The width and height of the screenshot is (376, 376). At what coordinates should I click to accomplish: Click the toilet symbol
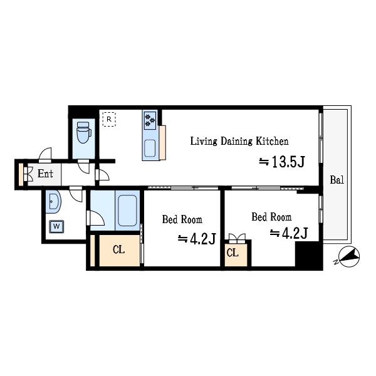coord(84,132)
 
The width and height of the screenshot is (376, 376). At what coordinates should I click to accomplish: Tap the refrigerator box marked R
coord(109,119)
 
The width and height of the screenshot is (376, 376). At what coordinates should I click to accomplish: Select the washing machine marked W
coord(56,226)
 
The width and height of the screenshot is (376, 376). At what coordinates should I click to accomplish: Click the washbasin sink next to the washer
coord(53,201)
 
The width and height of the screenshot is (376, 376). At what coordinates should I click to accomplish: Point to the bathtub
coord(127,211)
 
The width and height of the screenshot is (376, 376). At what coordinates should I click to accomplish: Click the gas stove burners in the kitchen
coord(150,120)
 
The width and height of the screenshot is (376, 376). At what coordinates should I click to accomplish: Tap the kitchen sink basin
coord(150,148)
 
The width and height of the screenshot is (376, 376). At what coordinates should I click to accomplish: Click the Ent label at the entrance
coord(45,174)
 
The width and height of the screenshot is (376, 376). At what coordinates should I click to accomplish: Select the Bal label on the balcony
coord(337,180)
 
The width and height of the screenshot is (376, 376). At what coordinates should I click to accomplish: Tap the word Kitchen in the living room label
coord(272,141)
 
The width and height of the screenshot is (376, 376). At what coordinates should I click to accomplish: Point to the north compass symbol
coord(348,257)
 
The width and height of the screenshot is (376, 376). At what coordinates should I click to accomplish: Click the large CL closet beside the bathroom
coord(120,250)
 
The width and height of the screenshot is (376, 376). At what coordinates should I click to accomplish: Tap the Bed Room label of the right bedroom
coord(272,217)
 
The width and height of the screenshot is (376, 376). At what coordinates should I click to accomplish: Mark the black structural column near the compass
coord(309,254)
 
